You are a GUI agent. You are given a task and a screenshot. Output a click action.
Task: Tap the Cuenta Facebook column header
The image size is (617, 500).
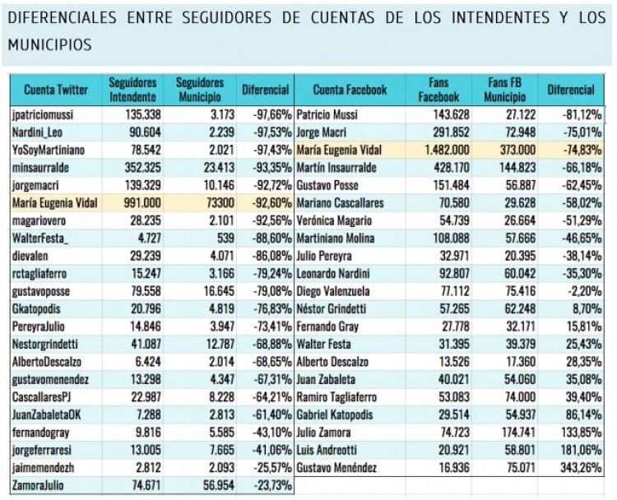pyautogui.click(x=350, y=90)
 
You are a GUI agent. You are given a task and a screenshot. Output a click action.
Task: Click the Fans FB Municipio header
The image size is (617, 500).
pyautogui.click(x=504, y=90)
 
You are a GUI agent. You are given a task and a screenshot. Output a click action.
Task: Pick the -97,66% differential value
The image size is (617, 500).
pyautogui.click(x=267, y=115)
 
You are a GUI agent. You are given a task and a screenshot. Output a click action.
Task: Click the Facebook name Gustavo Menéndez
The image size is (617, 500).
pyautogui.click(x=336, y=468)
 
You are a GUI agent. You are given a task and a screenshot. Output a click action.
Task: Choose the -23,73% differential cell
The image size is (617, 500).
pyautogui.click(x=267, y=485)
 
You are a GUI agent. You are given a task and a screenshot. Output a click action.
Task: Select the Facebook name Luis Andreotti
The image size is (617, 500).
pyautogui.click(x=327, y=450)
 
